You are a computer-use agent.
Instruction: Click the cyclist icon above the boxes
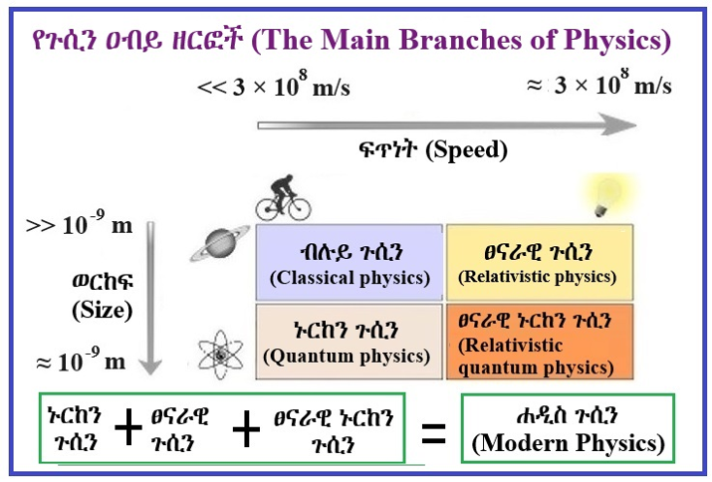point(284,198)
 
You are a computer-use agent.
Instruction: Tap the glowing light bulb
point(607,197)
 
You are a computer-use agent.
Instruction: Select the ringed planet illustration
point(220,244)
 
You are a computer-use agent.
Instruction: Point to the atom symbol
point(221,355)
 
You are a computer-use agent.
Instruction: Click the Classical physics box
point(350,262)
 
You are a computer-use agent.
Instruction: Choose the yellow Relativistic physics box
point(540,262)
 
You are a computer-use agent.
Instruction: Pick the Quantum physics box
point(350,342)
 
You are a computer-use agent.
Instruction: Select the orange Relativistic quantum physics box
point(540,342)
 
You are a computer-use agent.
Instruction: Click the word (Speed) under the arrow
point(466,150)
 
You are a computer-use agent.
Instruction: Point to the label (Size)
point(103,311)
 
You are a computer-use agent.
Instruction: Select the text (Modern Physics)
point(568,443)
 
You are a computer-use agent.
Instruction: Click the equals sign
point(433,433)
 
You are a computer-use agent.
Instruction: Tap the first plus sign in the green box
point(128,427)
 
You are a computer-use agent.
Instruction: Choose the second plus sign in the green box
point(246,429)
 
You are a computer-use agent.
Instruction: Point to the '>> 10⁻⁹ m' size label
point(79,223)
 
